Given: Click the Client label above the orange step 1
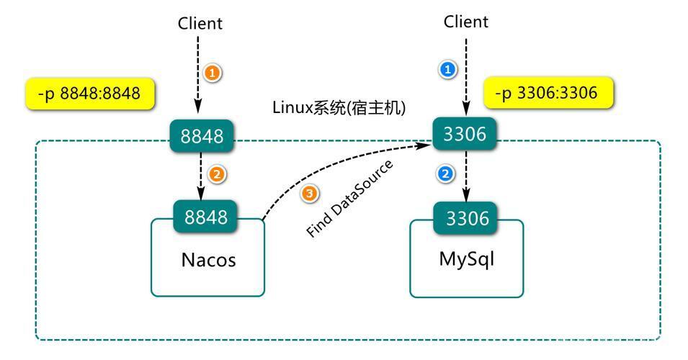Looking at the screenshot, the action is click(200, 23).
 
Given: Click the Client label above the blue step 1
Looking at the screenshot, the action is click(466, 22).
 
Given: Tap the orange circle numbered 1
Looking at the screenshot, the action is click(213, 72).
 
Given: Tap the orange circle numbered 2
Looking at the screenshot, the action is click(217, 174).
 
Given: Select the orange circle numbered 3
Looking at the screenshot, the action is click(310, 194).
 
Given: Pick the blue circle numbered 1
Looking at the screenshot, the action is click(447, 69).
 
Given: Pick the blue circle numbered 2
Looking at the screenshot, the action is click(445, 174).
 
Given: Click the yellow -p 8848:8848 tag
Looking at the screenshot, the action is click(90, 94).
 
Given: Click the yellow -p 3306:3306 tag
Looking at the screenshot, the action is click(548, 93).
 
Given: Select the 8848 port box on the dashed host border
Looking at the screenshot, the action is click(202, 136).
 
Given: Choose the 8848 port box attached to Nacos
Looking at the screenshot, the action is click(206, 217).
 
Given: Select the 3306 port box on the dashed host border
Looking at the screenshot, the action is click(465, 134).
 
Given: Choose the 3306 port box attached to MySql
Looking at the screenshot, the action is click(467, 218).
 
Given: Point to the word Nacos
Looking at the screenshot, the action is click(208, 260).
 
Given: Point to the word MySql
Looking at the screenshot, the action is click(466, 258).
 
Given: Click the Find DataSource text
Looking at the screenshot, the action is click(349, 198).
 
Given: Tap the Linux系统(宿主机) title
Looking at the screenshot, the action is click(339, 107).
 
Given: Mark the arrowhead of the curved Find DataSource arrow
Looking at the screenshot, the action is click(426, 145).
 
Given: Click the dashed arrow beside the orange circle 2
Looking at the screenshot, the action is click(200, 176).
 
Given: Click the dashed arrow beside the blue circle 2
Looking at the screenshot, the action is click(466, 176).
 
